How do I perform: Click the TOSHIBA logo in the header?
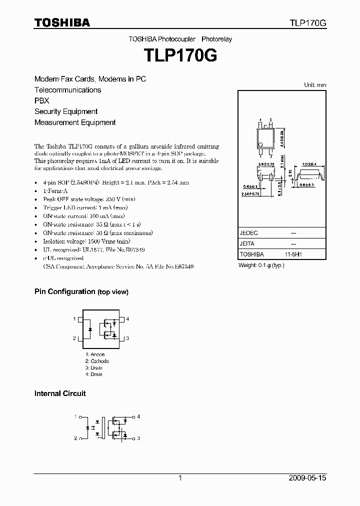(62, 22)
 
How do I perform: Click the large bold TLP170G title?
(180, 55)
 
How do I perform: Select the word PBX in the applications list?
(42, 100)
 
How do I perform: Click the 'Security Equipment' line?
(66, 111)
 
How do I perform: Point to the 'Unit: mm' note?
(315, 85)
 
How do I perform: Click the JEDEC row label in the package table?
(248, 233)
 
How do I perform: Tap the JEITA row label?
(247, 243)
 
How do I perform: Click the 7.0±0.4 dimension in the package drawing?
(309, 164)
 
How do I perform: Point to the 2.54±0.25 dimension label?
(250, 193)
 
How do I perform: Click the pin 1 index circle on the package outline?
(260, 145)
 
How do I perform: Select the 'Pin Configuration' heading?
(64, 291)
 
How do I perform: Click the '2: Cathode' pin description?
(96, 361)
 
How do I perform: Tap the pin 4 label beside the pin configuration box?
(128, 319)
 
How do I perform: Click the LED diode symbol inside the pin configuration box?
(89, 329)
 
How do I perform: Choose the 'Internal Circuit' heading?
(60, 393)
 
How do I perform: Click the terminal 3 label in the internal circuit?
(138, 438)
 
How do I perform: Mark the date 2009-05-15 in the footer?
(307, 478)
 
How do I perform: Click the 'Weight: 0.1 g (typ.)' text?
(261, 265)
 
